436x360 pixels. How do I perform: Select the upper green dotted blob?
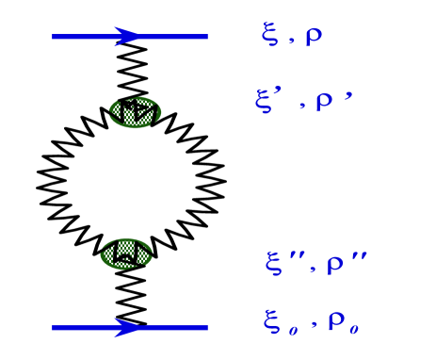coord(135,112)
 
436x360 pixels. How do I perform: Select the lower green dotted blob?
coord(126,254)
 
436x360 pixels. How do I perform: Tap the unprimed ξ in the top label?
coord(270,37)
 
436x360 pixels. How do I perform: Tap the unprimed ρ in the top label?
coord(314,37)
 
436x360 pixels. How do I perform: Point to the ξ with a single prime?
coord(265,101)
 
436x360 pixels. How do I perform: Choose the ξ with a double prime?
coord(274,263)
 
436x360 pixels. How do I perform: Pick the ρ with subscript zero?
coord(336,321)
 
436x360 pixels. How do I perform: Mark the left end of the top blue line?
coord(54,37)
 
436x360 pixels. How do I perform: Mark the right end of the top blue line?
coord(206,37)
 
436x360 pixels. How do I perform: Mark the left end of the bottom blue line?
coord(54,328)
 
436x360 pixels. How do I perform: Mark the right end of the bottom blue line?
coord(206,328)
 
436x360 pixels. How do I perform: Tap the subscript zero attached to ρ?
coord(354,329)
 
